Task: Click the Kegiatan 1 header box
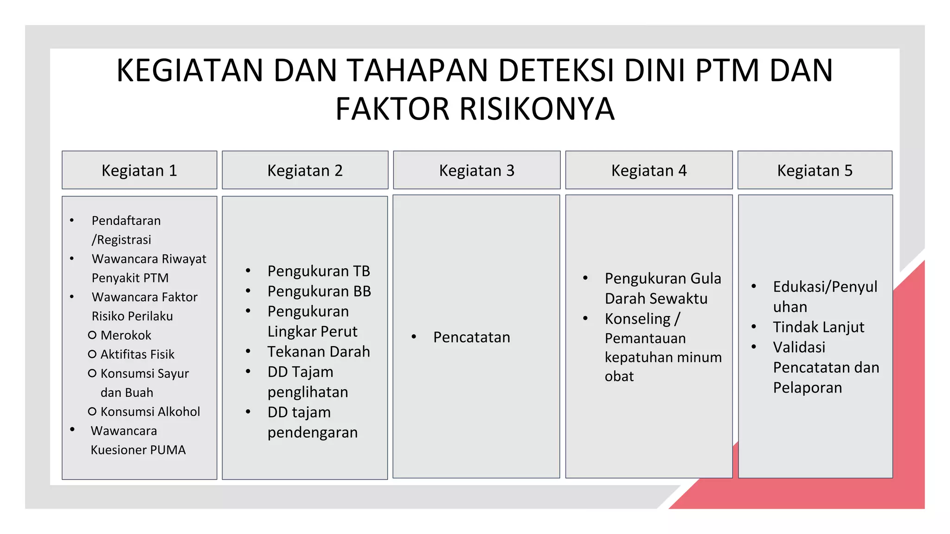click(x=139, y=170)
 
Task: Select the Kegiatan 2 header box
click(x=305, y=170)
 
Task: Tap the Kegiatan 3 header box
click(x=476, y=170)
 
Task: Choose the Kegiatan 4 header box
click(x=648, y=170)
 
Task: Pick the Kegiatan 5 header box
click(x=815, y=170)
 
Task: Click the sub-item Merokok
click(x=126, y=335)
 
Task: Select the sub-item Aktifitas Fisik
click(x=137, y=354)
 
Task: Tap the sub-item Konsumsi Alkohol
click(x=150, y=412)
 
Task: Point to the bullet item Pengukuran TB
click(x=318, y=271)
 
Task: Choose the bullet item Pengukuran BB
click(x=319, y=291)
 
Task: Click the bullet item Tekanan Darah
click(x=318, y=352)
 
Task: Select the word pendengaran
click(x=312, y=432)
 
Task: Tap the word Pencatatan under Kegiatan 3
click(x=471, y=337)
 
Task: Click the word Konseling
click(x=637, y=319)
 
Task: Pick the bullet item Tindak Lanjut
click(x=818, y=327)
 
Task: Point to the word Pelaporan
click(x=807, y=388)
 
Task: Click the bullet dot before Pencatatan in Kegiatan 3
click(x=413, y=337)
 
